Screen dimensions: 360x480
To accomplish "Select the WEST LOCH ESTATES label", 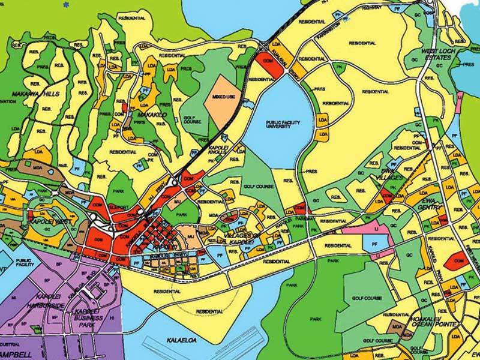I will pos(442,57).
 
